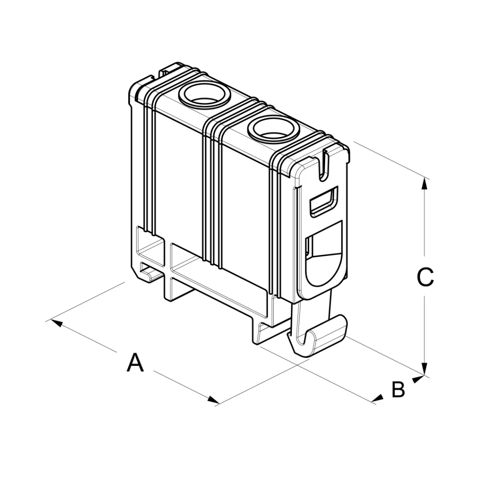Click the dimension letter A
click(135, 363)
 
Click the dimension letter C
click(425, 277)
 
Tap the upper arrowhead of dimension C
click(424, 183)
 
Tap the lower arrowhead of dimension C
click(425, 369)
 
